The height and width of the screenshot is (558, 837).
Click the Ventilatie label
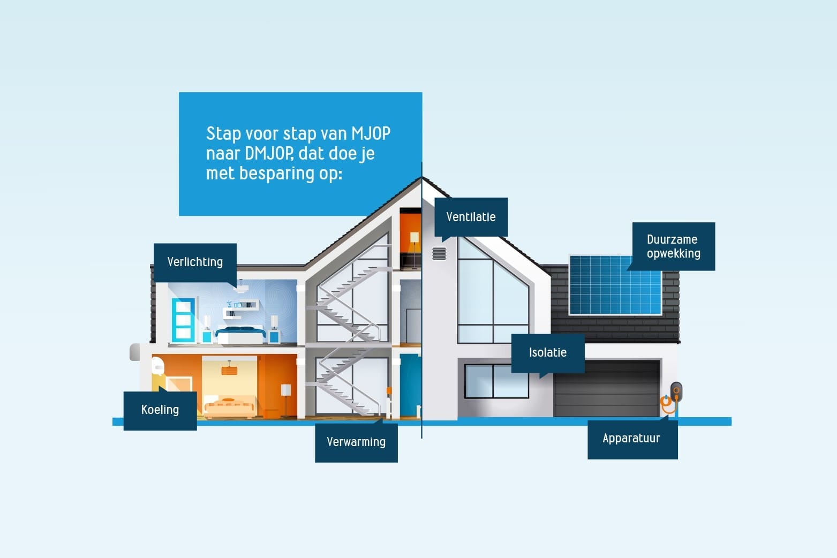(x=471, y=217)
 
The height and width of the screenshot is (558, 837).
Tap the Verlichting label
(x=195, y=262)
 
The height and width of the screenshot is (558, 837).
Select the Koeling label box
(x=160, y=410)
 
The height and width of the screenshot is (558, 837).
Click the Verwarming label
(x=356, y=442)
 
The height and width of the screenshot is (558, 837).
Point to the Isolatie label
(x=547, y=352)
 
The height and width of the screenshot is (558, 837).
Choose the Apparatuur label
(x=631, y=439)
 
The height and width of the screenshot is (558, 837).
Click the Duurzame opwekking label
(x=673, y=246)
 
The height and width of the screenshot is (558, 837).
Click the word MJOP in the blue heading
(x=371, y=133)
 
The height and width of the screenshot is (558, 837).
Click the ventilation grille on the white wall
(x=439, y=253)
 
